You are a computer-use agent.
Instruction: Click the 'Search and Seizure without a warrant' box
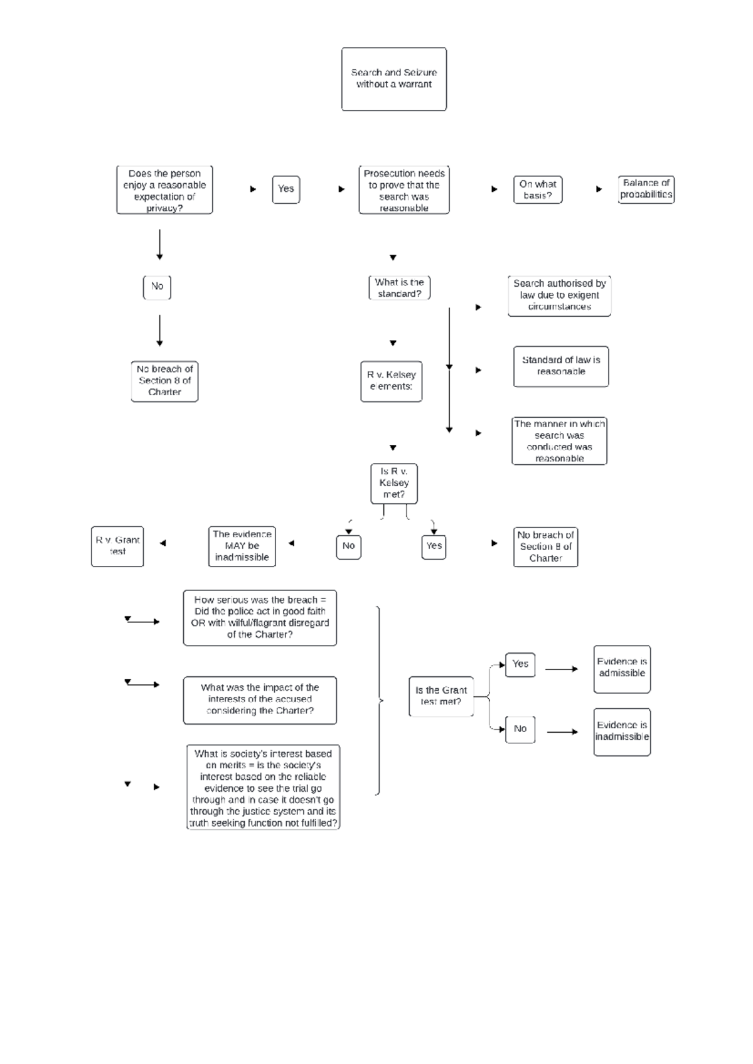pyautogui.click(x=393, y=79)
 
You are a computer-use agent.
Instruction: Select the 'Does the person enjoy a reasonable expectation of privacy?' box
pyautogui.click(x=164, y=190)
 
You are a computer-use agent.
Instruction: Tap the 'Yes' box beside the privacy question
pyautogui.click(x=286, y=189)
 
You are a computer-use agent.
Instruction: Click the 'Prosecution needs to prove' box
pyautogui.click(x=403, y=190)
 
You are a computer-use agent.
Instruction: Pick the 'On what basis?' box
pyautogui.click(x=537, y=189)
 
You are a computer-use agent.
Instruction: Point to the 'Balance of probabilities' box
pyautogui.click(x=646, y=189)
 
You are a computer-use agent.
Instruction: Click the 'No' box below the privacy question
pyautogui.click(x=157, y=287)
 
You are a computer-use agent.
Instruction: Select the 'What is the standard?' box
pyautogui.click(x=399, y=288)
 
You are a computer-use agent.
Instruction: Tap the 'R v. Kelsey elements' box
pyautogui.click(x=391, y=381)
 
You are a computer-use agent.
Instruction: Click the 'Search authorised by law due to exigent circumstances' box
pyautogui.click(x=559, y=295)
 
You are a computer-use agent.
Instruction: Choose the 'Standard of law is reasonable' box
pyautogui.click(x=560, y=366)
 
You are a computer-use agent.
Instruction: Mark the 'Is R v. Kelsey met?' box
pyautogui.click(x=393, y=483)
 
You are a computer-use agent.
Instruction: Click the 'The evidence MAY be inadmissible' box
pyautogui.click(x=242, y=546)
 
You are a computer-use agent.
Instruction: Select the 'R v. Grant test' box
pyautogui.click(x=117, y=546)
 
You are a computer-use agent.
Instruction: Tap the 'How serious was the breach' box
pyautogui.click(x=260, y=617)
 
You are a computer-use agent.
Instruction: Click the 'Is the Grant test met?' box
pyautogui.click(x=441, y=696)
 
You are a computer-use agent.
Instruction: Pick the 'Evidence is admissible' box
pyautogui.click(x=621, y=669)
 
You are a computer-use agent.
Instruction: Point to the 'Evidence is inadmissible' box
pyautogui.click(x=621, y=731)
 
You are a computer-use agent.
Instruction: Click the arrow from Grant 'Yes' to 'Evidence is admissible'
pyautogui.click(x=561, y=669)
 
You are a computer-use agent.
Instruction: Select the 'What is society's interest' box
pyautogui.click(x=263, y=787)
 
